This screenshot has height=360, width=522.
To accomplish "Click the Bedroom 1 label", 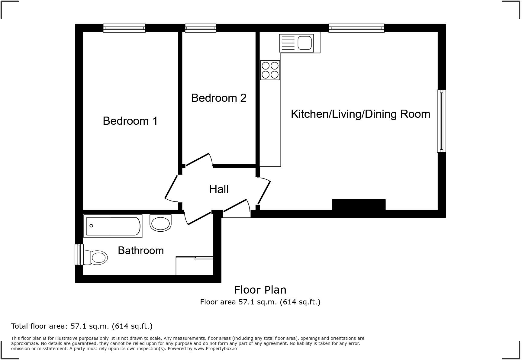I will tap(130, 121).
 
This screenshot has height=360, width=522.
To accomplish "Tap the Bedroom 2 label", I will tap(219, 98).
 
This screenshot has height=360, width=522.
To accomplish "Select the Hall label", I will tap(219, 189).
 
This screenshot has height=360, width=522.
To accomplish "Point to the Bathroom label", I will tap(141, 250).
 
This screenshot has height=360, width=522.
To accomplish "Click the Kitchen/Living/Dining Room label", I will tap(360, 114).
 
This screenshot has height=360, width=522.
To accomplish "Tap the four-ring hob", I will tap(270, 70).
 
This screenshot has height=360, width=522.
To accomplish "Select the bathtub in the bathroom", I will tap(113, 226).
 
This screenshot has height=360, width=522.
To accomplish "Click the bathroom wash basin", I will tap(160, 223).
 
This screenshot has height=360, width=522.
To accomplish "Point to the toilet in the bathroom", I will tap(96, 258).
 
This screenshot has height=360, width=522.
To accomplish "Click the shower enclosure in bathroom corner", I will tap(195, 266).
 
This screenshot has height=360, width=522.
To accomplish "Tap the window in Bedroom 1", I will tap(124, 28).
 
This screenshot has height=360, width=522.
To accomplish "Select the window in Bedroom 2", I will tap(201, 28).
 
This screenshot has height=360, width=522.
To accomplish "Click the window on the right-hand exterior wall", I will tap(441, 121).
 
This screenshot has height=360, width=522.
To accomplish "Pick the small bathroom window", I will tap(79, 255).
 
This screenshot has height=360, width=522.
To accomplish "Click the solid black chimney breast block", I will tap(359, 204).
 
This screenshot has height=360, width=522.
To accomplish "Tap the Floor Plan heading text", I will tap(260, 290).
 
